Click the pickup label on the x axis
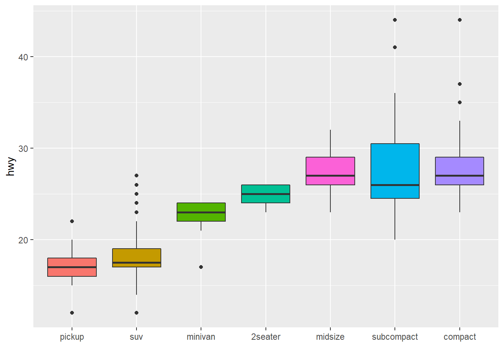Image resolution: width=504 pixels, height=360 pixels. coord(72,337)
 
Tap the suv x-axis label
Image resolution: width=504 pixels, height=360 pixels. coord(136,337)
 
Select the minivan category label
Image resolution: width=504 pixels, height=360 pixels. coord(201,337)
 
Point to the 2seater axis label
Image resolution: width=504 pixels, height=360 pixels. coord(265,337)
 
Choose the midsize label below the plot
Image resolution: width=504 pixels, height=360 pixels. coord(330,337)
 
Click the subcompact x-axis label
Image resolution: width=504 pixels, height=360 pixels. coord(395,337)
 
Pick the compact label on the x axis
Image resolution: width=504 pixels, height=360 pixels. coord(459,337)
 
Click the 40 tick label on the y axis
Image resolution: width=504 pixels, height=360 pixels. coord(23,57)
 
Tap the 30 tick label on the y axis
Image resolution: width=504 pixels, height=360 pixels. coord(23,148)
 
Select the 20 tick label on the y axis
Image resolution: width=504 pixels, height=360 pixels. coord(23,240)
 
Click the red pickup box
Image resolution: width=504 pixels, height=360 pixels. coord(72,271)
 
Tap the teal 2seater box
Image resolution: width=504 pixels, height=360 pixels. coord(265,199)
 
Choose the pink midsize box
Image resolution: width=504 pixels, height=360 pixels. coord(330,166)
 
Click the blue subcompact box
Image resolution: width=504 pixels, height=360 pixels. coord(395,165)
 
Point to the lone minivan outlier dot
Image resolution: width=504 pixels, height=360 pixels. coord(201,267)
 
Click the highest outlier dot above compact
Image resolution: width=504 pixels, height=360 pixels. coord(460,20)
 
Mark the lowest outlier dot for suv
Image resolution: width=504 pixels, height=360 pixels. coord(136,313)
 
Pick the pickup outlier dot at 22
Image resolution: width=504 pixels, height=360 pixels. coord(72,221)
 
